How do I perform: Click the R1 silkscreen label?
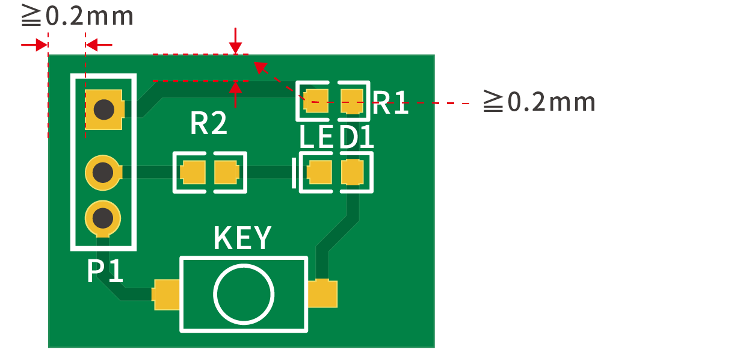[x=391, y=103]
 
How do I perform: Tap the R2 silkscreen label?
[x=209, y=123]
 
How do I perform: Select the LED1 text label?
[x=337, y=138]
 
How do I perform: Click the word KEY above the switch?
[x=242, y=239]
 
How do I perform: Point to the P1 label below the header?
[x=105, y=272]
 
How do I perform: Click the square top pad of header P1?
[x=104, y=110]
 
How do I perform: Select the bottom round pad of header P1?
[x=103, y=216]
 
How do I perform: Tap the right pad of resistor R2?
[x=227, y=173]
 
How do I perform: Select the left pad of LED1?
[x=319, y=173]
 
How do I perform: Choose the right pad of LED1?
[x=352, y=173]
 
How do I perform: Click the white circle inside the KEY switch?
[x=244, y=294]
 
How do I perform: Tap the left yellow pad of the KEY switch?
[x=167, y=294]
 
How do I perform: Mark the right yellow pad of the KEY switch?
[x=322, y=294]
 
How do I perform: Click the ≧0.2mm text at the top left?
[x=77, y=16]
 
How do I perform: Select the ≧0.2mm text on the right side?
[x=539, y=102]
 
